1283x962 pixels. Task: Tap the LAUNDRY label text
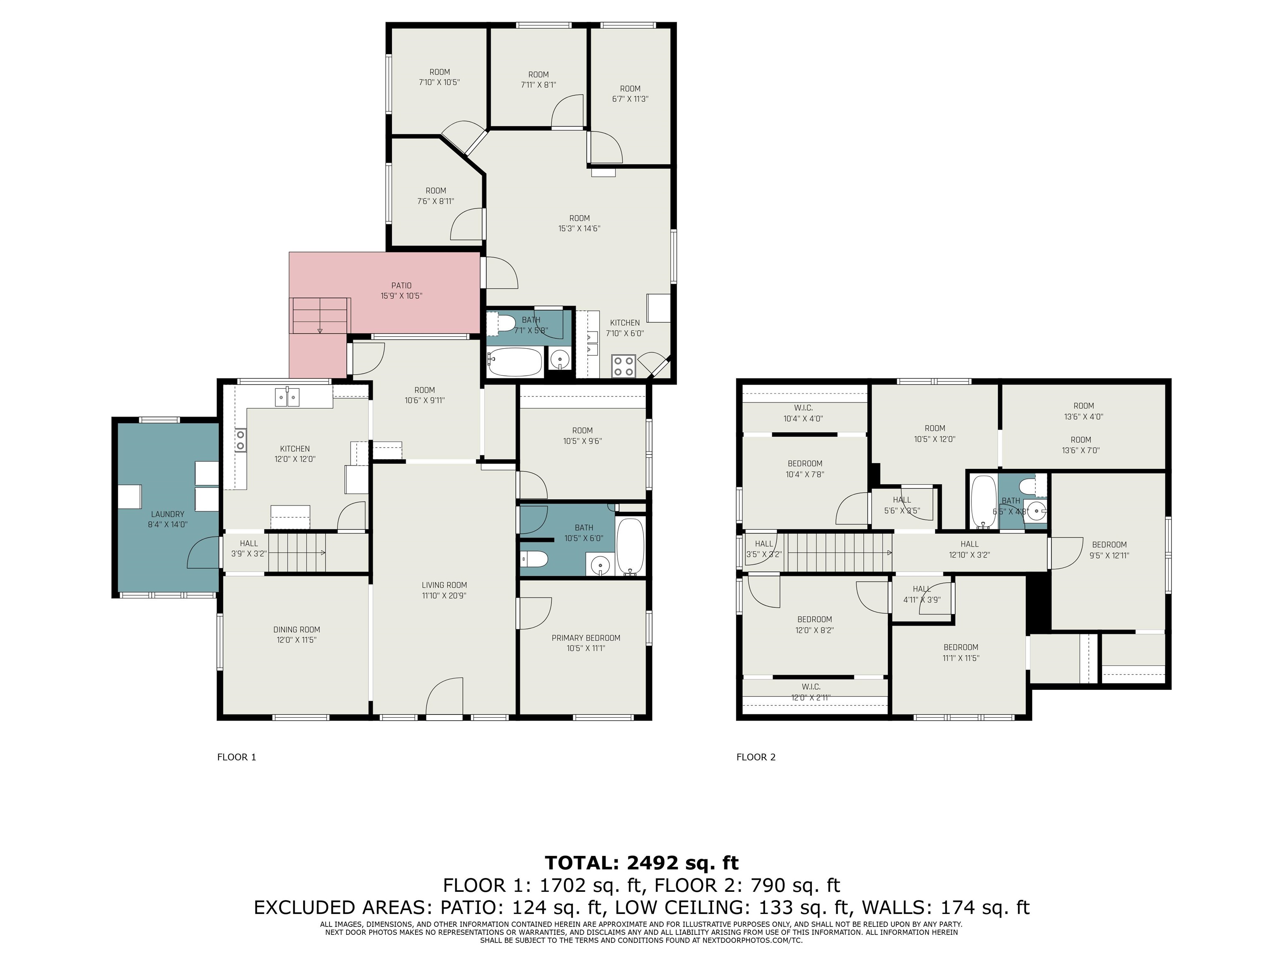(167, 514)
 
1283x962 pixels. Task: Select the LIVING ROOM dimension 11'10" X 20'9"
(444, 595)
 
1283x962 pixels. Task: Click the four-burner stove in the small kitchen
(624, 366)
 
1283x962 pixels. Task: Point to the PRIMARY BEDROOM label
(586, 638)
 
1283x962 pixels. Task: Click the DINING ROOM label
(297, 630)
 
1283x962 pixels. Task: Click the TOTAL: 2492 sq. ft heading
(641, 863)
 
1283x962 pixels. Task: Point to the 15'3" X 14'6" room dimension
(579, 228)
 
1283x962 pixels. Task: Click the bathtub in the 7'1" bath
(515, 362)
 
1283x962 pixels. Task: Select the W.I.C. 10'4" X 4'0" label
(803, 413)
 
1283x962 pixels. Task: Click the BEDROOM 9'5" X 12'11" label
(1109, 550)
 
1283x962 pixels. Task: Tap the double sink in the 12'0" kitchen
(287, 398)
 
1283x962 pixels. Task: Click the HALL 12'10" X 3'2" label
(969, 549)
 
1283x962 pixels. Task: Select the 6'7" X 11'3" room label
(630, 94)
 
